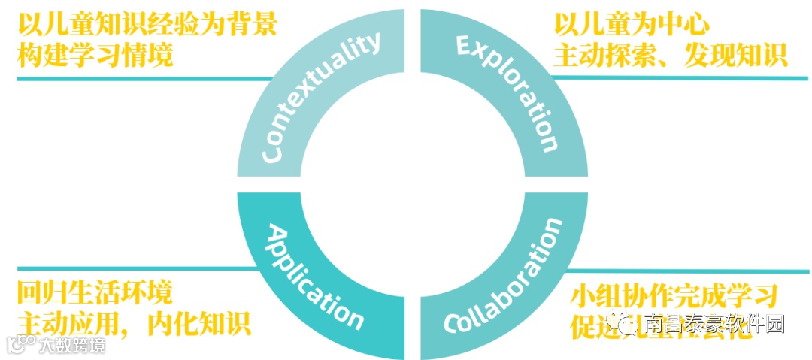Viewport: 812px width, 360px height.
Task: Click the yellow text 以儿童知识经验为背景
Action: point(147,26)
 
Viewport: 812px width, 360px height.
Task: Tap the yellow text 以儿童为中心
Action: point(632,26)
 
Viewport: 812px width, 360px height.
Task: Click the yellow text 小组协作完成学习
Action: point(674,294)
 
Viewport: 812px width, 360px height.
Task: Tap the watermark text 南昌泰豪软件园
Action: point(714,325)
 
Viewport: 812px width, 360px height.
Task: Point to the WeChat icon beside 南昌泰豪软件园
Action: point(626,325)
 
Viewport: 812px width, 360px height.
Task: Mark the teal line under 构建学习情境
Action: point(143,78)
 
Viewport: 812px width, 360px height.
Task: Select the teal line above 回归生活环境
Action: point(128,268)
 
